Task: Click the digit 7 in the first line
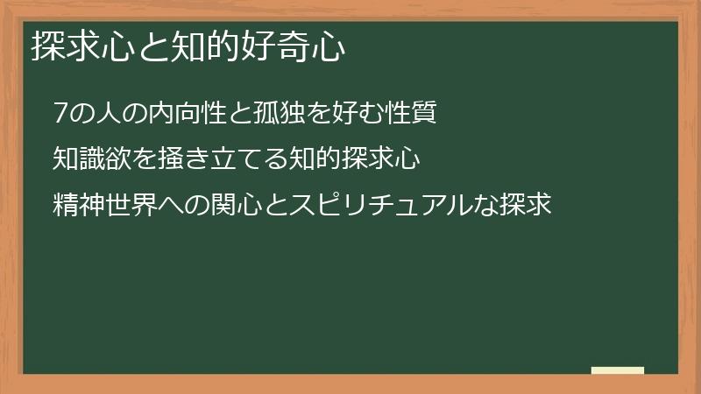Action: tap(60, 114)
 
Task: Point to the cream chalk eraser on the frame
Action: tap(617, 370)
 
